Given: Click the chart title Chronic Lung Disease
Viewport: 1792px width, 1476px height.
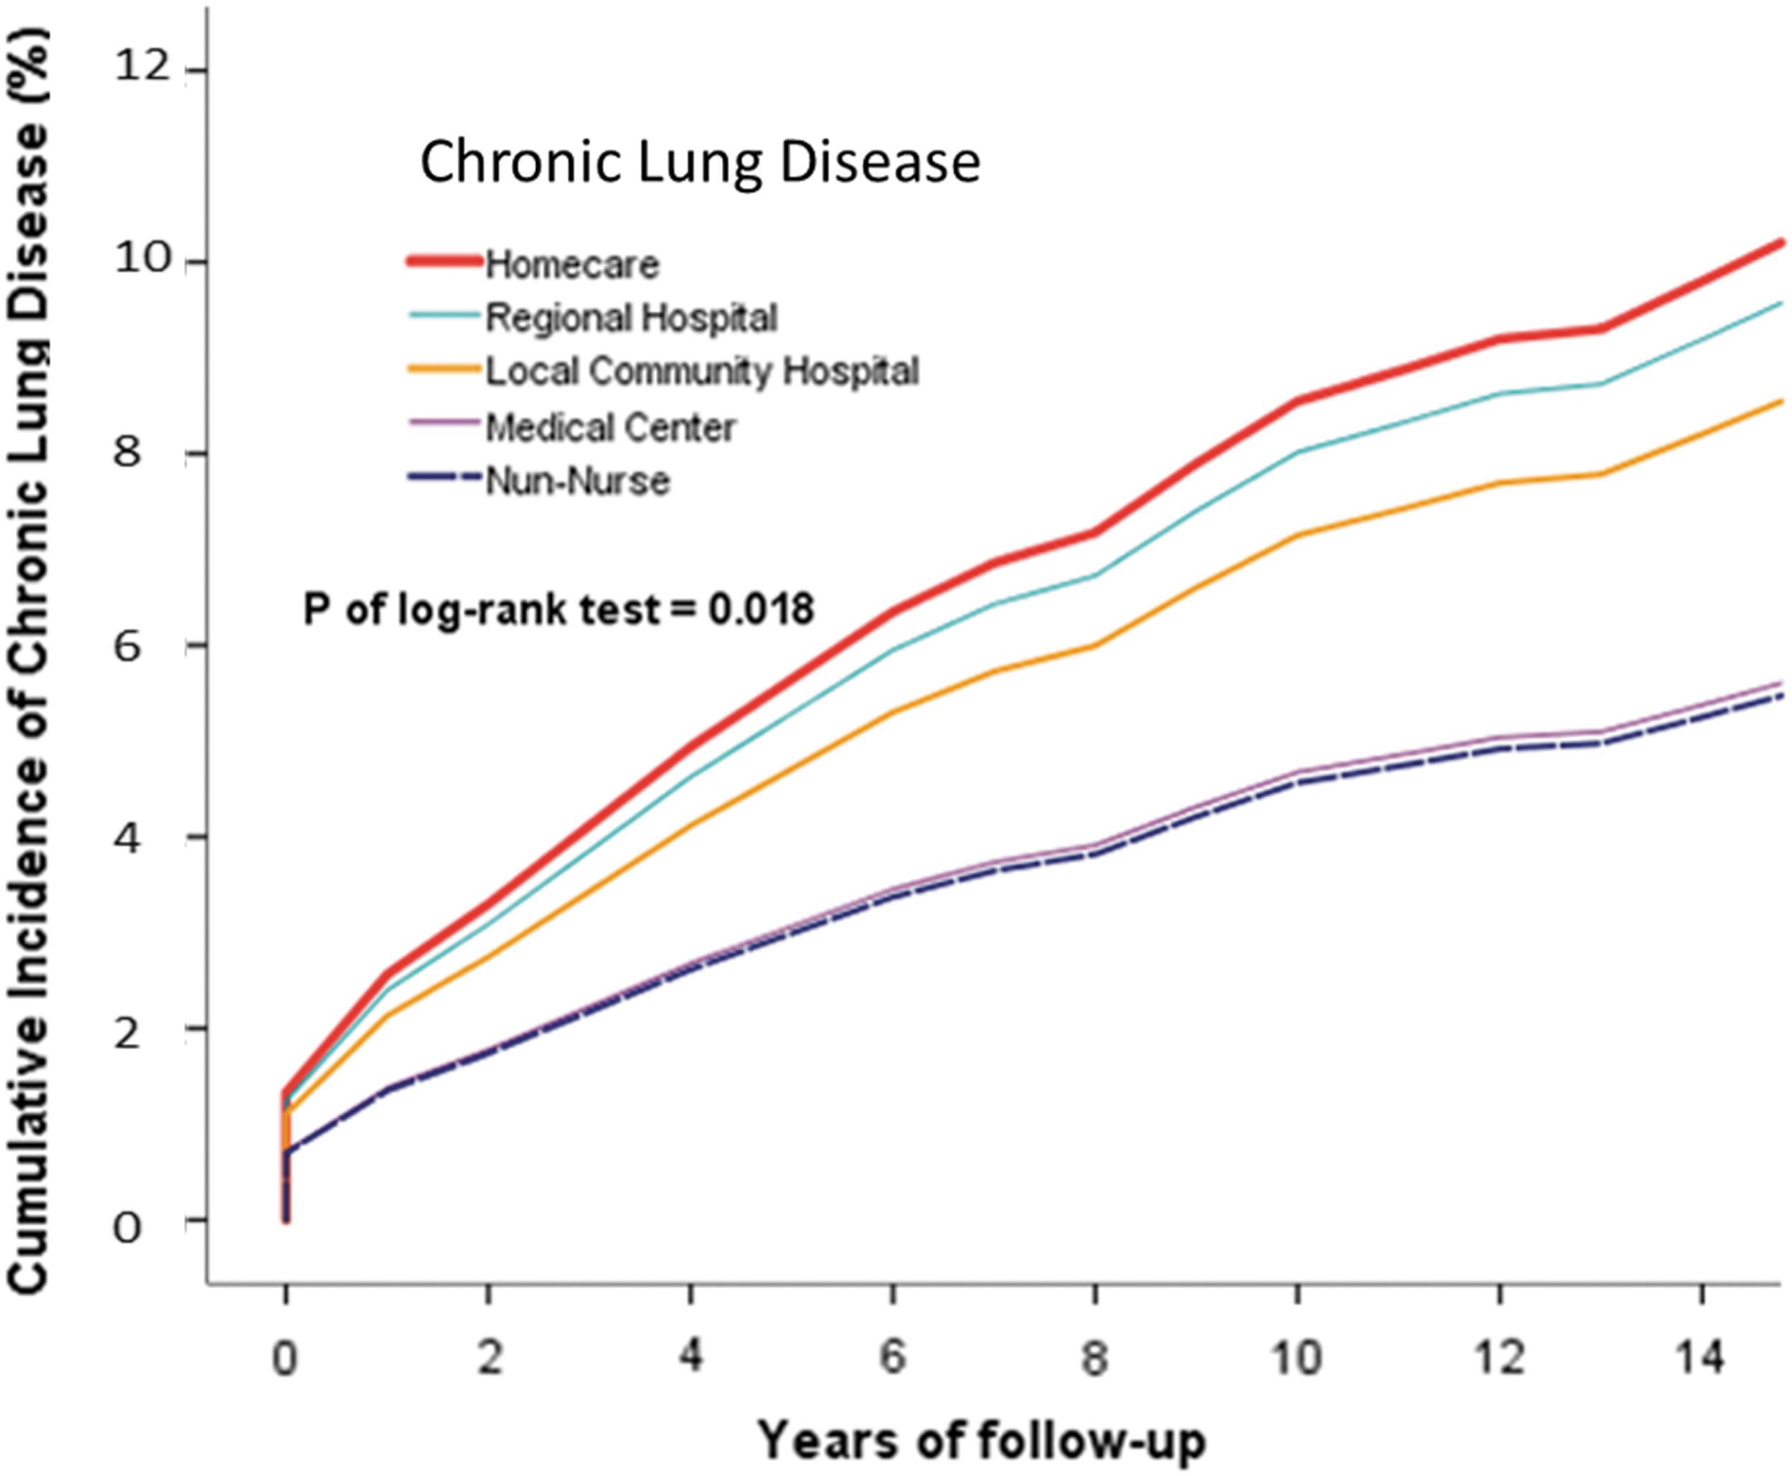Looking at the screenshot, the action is click(x=700, y=163).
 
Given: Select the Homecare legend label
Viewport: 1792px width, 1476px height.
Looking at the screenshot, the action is click(x=572, y=265).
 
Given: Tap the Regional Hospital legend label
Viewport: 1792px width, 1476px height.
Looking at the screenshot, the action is click(x=632, y=318).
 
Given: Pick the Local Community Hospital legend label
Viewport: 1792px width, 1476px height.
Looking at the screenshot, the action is click(x=702, y=371).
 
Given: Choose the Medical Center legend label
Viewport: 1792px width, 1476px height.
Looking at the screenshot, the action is click(x=611, y=427).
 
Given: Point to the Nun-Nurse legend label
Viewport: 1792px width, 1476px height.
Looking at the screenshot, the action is click(x=578, y=481).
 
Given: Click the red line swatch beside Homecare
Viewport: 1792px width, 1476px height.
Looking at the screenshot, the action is click(x=444, y=260).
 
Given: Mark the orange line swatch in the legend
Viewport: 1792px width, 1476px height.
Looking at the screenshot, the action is click(x=444, y=368).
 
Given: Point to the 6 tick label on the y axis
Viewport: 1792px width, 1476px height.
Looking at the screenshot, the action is click(x=127, y=646).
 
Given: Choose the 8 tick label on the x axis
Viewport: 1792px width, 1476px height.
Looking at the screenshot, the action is click(x=1095, y=1358).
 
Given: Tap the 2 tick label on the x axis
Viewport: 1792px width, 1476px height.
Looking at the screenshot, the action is click(x=489, y=1358).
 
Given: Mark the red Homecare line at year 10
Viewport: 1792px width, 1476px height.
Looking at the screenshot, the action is click(x=1297, y=401).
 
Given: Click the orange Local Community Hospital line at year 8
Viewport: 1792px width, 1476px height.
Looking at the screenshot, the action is click(x=1095, y=646).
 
